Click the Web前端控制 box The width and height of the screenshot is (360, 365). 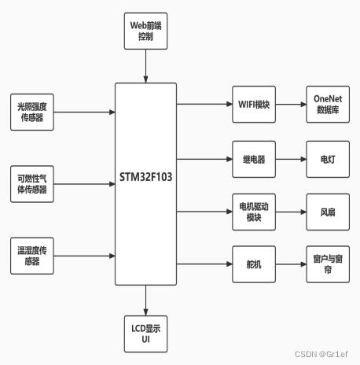(145, 31)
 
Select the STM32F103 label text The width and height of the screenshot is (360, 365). (145, 178)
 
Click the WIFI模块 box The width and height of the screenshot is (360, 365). (254, 104)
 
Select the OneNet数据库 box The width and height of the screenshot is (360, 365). (327, 104)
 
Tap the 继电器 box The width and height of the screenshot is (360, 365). (254, 158)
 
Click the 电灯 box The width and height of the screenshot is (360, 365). (327, 158)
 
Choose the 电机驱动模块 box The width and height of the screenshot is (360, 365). (254, 212)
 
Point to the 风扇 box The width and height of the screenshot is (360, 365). (327, 212)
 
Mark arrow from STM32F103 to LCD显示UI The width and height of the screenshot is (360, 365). (145, 300)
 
